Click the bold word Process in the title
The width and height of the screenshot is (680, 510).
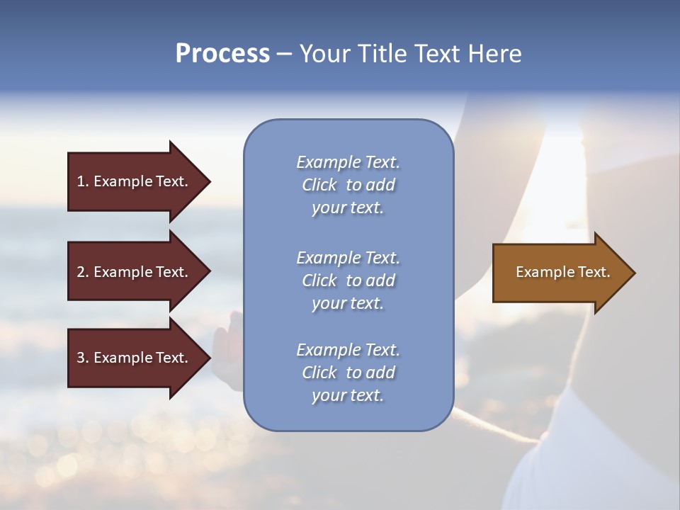tap(222, 54)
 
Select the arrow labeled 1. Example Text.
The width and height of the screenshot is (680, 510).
tap(133, 181)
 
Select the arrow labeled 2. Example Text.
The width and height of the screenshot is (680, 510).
tap(133, 272)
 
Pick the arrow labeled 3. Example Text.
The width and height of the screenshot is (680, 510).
tap(133, 358)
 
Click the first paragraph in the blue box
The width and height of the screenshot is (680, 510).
tap(348, 185)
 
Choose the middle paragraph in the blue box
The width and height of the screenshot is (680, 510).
tap(348, 280)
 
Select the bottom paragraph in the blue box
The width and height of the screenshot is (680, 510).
tap(348, 373)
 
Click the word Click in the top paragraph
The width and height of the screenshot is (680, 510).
tap(319, 185)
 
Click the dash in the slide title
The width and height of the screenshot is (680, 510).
tap(284, 54)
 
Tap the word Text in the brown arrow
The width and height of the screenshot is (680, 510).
tap(595, 272)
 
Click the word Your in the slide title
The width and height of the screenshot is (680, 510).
tap(325, 54)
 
